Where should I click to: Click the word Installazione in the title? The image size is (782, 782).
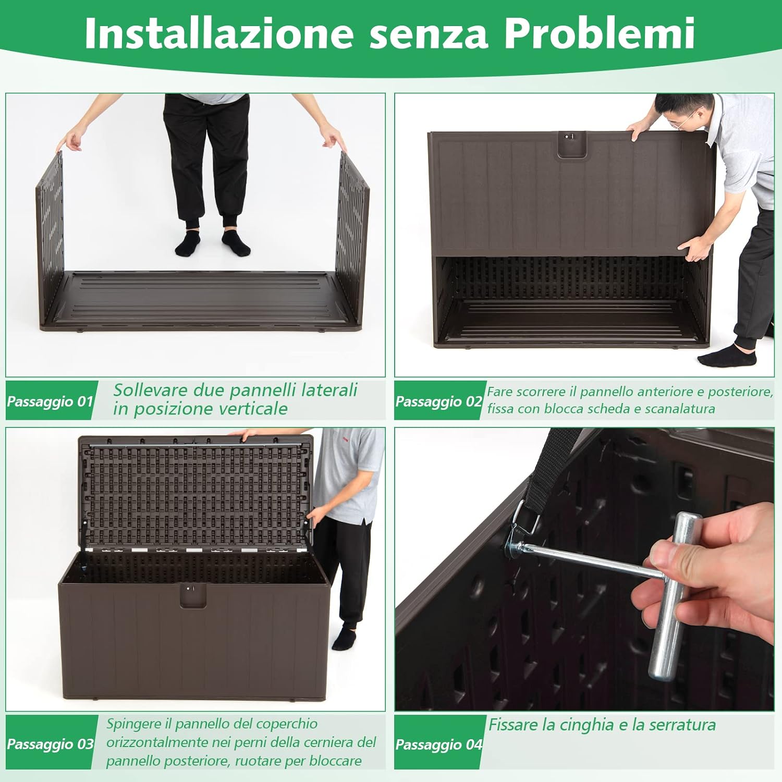tap(219, 33)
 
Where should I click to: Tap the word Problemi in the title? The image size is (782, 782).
tap(600, 33)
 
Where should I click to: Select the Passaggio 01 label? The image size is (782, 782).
tap(50, 401)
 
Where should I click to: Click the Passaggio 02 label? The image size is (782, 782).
tap(438, 401)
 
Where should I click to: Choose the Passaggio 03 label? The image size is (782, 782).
tap(50, 744)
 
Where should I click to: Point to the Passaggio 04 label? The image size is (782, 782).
tap(438, 744)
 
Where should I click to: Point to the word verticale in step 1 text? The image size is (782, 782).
tap(250, 409)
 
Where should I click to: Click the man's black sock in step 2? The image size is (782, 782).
tap(727, 358)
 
